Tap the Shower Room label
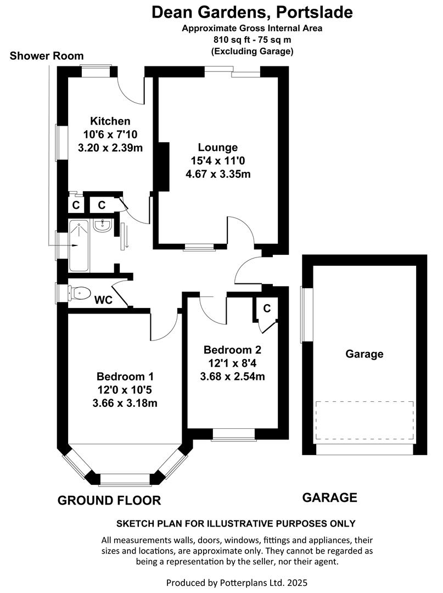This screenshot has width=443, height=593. (47, 55)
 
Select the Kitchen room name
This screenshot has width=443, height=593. (110, 121)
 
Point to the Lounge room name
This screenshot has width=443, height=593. (218, 147)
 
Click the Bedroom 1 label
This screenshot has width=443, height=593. (125, 377)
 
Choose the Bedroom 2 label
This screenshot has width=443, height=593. (232, 350)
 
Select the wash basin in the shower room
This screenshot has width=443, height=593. (102, 226)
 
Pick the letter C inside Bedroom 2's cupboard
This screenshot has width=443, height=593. (267, 309)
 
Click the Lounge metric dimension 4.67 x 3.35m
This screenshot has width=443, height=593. (218, 175)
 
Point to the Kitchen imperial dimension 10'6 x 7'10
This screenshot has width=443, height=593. (110, 135)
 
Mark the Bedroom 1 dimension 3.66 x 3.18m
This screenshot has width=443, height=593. (125, 404)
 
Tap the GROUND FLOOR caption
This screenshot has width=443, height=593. (109, 500)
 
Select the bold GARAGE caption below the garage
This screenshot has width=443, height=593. (330, 497)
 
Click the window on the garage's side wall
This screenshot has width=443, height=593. (307, 314)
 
